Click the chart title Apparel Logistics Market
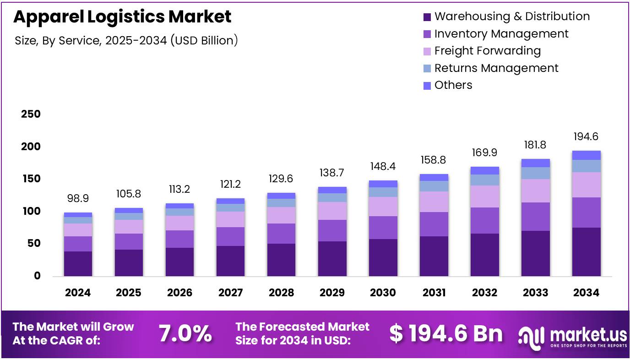tap(122, 17)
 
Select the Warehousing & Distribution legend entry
tap(511, 16)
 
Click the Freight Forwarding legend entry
tap(487, 51)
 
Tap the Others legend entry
tap(453, 85)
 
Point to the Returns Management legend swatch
tap(427, 69)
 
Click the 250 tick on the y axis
tap(31, 114)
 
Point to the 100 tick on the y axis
tap(31, 211)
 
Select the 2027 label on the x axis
tap(230, 293)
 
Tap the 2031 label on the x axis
tap(434, 293)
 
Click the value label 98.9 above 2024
tap(78, 198)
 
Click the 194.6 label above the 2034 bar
tap(586, 136)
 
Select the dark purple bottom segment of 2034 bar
tap(586, 251)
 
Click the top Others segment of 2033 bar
tap(535, 163)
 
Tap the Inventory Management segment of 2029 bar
tap(332, 230)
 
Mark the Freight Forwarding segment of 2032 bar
tap(484, 196)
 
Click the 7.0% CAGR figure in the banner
tap(185, 334)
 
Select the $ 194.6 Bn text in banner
tap(445, 334)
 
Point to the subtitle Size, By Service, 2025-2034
tap(126, 40)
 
